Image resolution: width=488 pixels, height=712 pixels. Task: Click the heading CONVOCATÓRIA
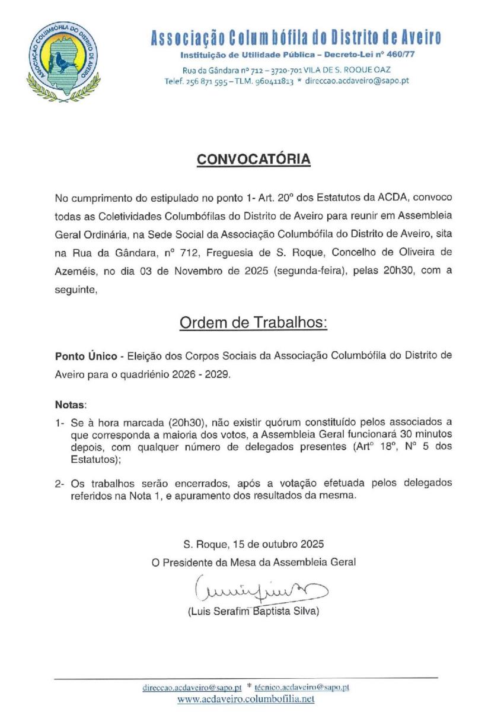[253, 160]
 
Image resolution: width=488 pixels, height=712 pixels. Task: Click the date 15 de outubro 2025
[276, 543]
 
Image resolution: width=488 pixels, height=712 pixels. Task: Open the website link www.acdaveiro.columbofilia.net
[245, 699]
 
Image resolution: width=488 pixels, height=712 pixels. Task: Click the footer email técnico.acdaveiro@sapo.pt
[302, 687]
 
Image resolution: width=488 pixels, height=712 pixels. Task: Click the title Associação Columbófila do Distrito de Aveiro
[296, 39]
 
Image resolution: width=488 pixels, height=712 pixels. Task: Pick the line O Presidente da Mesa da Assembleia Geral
[254, 562]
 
